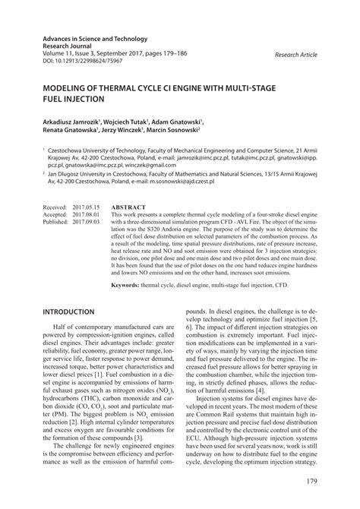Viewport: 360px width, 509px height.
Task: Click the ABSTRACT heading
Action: click(128, 206)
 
